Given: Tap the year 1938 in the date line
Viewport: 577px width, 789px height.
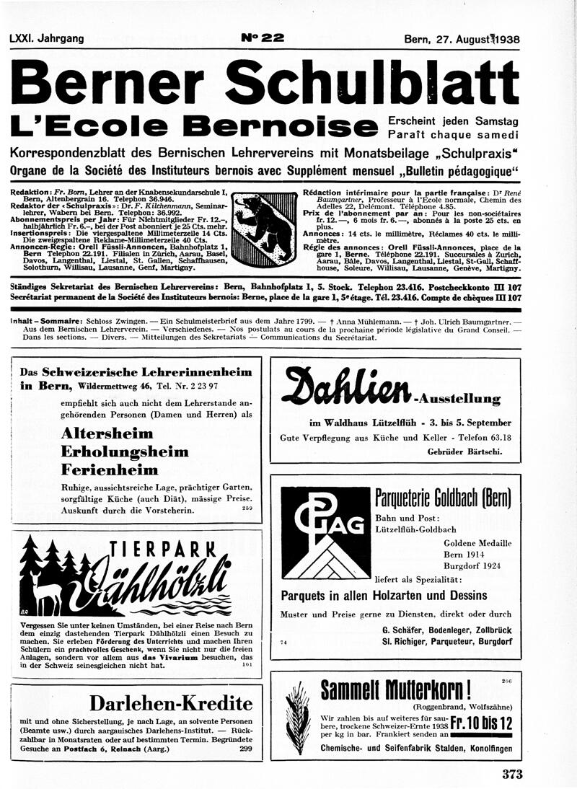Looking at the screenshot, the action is coord(503,40).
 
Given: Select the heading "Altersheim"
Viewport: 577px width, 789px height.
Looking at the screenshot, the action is coord(107,433).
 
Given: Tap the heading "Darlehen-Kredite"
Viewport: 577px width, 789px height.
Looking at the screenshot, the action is coord(170,703).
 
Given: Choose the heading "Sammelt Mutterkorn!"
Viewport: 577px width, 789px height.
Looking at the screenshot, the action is coord(396,690).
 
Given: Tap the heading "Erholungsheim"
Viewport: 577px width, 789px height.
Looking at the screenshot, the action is coord(125,451).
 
